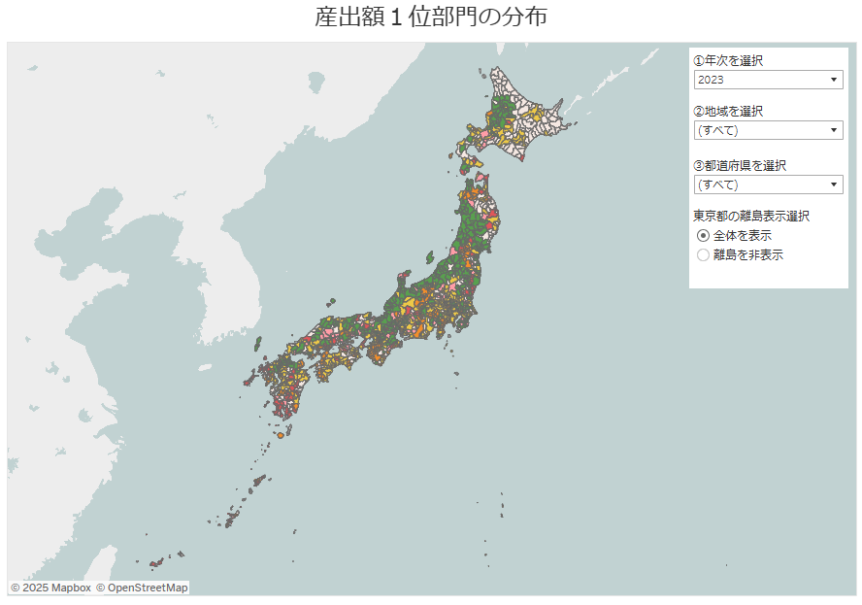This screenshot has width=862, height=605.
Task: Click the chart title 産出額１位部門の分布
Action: [x=431, y=17]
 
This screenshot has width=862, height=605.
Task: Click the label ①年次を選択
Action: [x=728, y=60]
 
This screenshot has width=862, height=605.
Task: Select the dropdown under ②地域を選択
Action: [x=768, y=130]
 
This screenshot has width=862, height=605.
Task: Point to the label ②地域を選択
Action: [x=728, y=111]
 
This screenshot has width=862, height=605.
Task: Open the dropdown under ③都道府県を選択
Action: [x=768, y=185]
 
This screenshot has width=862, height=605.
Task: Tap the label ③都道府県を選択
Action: [x=740, y=165]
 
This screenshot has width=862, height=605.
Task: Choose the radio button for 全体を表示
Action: [x=704, y=236]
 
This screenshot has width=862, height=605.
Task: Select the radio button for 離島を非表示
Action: [x=704, y=255]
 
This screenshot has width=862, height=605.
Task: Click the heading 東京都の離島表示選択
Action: [x=751, y=216]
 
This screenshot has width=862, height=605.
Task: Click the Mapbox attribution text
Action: [x=50, y=588]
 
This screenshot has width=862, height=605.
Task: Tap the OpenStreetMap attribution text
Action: [x=142, y=588]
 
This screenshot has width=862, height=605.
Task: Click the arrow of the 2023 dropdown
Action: [x=834, y=80]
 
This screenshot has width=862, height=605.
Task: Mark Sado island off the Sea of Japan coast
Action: [x=429, y=256]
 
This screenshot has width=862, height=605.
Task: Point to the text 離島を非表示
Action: [x=748, y=255]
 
